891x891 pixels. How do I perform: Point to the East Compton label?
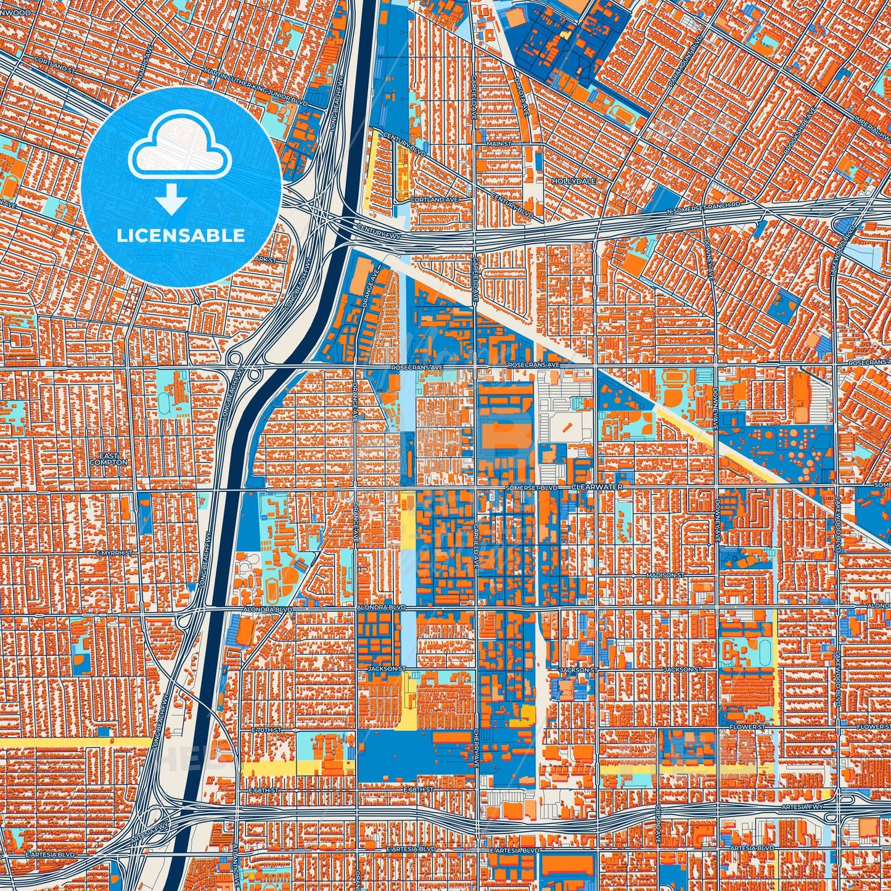pyautogui.click(x=108, y=459)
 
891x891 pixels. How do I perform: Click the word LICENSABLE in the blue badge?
pyautogui.click(x=181, y=236)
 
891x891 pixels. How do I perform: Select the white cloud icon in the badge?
pyautogui.click(x=179, y=144)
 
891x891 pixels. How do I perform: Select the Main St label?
pyautogui.click(x=499, y=144)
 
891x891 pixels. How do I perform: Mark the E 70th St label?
pyautogui.click(x=266, y=729)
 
